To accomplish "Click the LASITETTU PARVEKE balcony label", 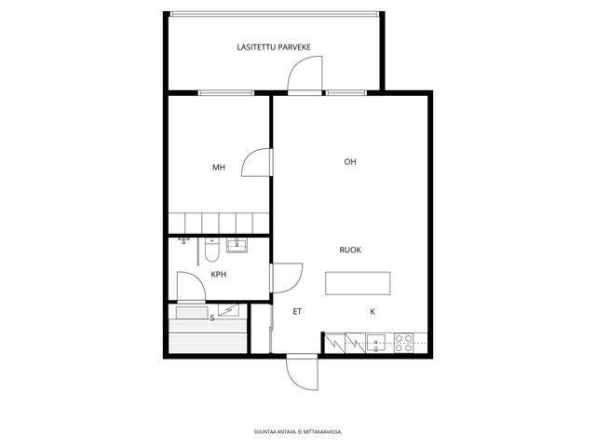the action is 274,47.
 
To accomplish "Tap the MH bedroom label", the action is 219,168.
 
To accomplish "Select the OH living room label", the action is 350,161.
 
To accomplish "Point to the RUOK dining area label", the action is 350,251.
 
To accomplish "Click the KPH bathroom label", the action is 219,274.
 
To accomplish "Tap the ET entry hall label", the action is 297,312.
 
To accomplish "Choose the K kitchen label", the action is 372,312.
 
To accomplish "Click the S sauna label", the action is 212,318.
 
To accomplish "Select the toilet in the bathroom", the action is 211,250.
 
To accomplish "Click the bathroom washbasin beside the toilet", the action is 237,245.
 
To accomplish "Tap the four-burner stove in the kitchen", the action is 403,343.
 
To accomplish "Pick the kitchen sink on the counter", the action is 376,344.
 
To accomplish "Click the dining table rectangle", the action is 358,283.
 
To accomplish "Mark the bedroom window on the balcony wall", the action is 225,93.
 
